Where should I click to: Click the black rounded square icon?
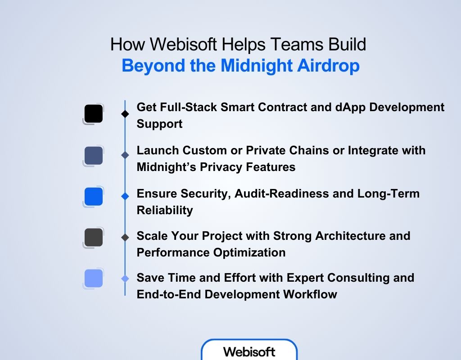94,114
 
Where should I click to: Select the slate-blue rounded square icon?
94,155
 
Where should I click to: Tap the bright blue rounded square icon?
94,197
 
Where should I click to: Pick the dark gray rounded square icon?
94,237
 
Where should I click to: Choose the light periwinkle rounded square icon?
94,278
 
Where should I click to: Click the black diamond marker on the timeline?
125,114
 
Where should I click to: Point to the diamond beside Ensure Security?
125,197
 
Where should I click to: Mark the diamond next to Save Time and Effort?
125,279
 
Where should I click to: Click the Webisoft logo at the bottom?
249,351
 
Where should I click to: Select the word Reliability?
165,210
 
